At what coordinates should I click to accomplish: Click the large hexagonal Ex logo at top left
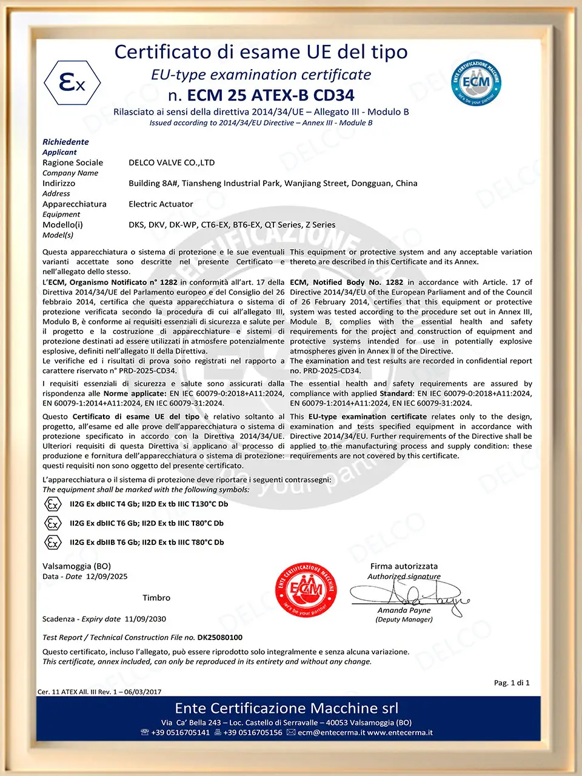pyautogui.click(x=73, y=83)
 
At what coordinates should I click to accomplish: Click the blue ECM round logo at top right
pyautogui.click(x=476, y=82)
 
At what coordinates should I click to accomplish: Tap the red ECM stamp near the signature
pyautogui.click(x=306, y=589)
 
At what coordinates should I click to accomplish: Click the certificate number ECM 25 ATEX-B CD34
pyautogui.click(x=270, y=95)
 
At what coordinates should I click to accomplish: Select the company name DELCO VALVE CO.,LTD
pyautogui.click(x=172, y=162)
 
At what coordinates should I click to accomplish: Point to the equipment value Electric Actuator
pyautogui.click(x=161, y=204)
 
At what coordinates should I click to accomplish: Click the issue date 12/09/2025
pyautogui.click(x=107, y=577)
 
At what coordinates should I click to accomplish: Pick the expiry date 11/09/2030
pyautogui.click(x=145, y=619)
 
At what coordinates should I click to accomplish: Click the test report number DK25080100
pyautogui.click(x=219, y=637)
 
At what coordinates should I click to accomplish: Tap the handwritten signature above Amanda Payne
pyautogui.click(x=412, y=593)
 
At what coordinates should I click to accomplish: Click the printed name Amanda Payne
pyautogui.click(x=404, y=610)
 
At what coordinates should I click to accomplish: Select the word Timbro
pyautogui.click(x=156, y=598)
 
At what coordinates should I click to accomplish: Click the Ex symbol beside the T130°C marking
pyautogui.click(x=53, y=504)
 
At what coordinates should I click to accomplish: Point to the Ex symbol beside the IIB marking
pyautogui.click(x=53, y=543)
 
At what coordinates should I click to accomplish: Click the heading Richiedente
pyautogui.click(x=65, y=142)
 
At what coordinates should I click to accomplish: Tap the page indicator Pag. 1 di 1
pyautogui.click(x=512, y=683)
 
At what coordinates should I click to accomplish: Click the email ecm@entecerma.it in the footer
pyautogui.click(x=331, y=732)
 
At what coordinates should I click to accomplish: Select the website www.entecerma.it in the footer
pyautogui.click(x=400, y=732)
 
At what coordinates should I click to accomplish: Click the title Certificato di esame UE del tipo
pyautogui.click(x=261, y=52)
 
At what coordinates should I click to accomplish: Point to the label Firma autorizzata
pyautogui.click(x=404, y=566)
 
